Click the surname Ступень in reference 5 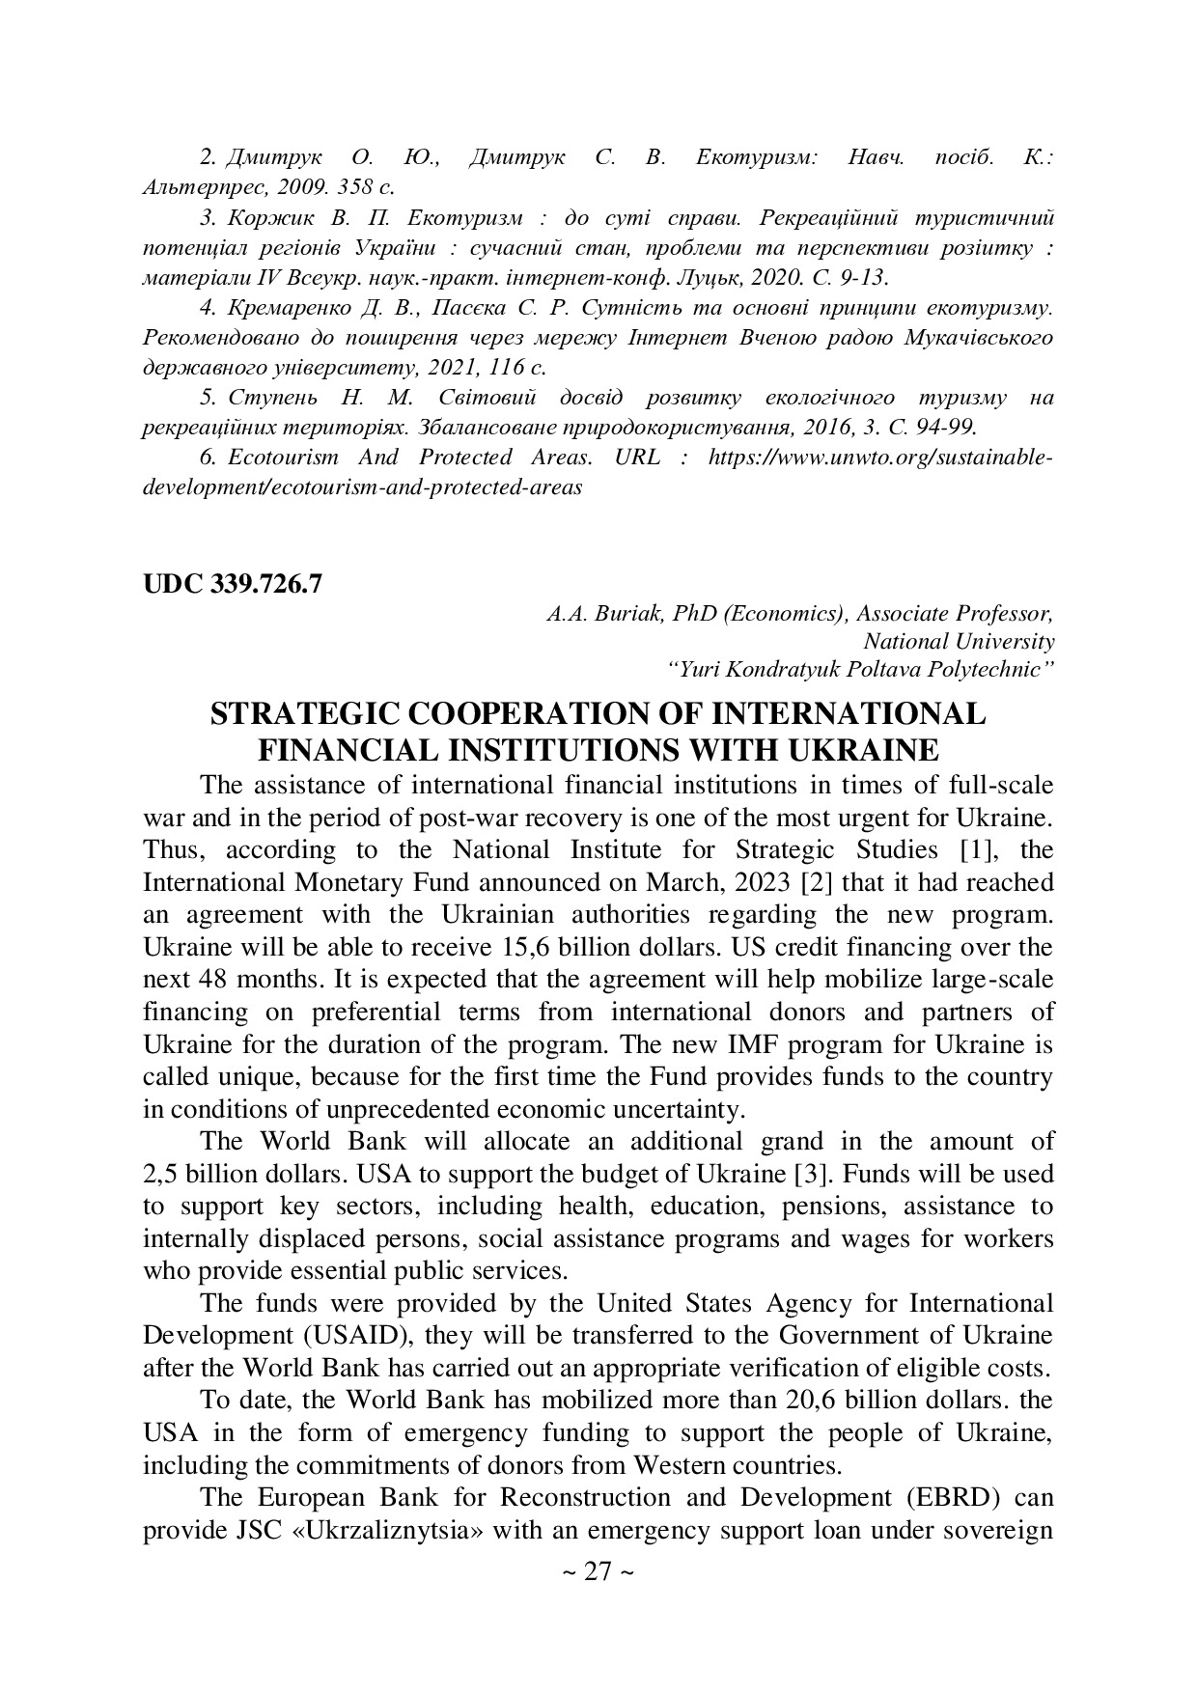[264, 398]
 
